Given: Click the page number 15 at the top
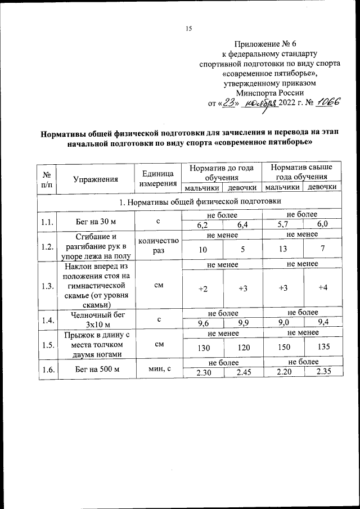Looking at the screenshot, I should coord(189,29).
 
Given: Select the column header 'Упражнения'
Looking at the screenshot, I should coord(96,179).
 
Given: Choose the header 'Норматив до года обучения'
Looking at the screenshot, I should coord(221,172).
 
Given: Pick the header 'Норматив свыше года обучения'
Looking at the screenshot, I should coord(301,172).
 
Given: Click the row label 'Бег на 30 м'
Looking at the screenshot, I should coord(96,220).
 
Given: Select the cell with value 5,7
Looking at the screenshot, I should coord(282,225).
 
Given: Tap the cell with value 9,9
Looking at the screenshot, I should coord(243,323).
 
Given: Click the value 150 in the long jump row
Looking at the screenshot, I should coord(282,348).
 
